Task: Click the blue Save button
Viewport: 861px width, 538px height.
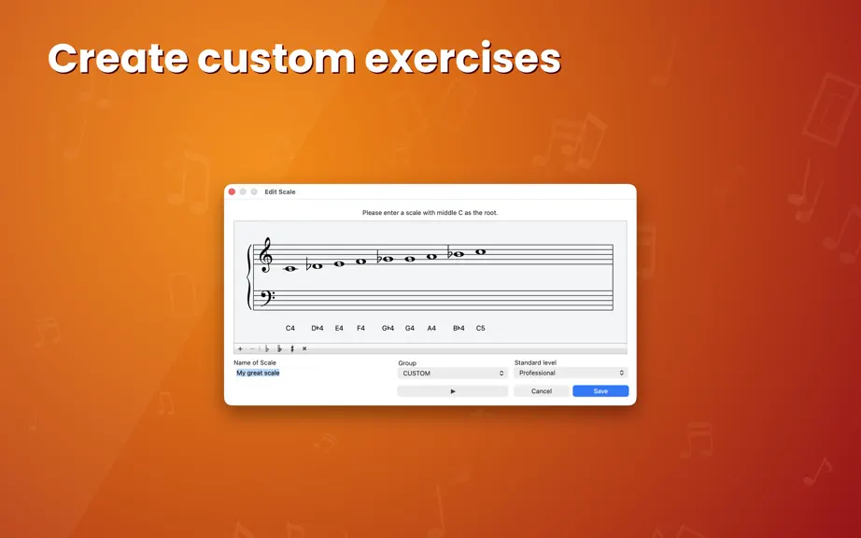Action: click(600, 390)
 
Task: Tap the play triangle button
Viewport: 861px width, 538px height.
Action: click(453, 390)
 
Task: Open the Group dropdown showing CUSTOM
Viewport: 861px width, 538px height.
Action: click(453, 374)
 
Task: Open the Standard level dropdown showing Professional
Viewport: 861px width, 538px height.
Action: click(571, 373)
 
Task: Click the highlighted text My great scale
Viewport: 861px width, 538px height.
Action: click(258, 373)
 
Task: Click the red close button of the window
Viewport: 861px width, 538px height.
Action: click(232, 191)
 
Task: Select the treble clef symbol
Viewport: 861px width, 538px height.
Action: click(266, 255)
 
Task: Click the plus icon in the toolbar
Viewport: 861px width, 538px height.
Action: click(240, 348)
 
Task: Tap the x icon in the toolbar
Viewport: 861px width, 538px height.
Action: click(304, 348)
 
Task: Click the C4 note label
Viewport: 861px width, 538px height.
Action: click(289, 328)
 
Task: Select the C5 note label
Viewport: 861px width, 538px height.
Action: click(481, 328)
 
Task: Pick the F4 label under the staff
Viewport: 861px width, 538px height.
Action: click(360, 328)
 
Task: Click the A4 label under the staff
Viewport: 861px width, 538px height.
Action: click(431, 328)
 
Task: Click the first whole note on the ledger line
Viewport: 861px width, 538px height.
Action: click(289, 268)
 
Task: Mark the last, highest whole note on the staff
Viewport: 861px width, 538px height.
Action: click(481, 252)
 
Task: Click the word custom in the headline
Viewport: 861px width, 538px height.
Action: click(276, 58)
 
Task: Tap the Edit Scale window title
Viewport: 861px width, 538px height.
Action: click(280, 191)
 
